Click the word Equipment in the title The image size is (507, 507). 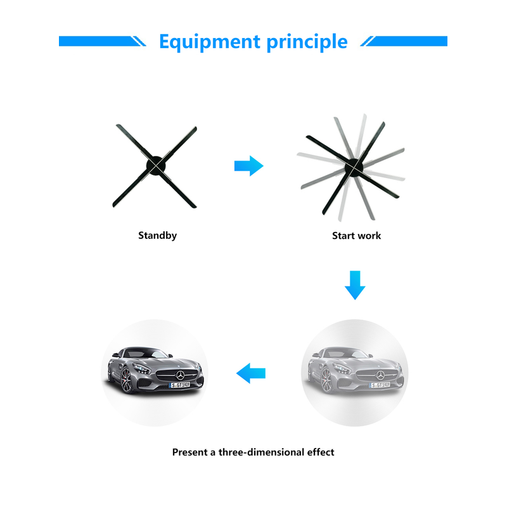pyautogui.click(x=210, y=42)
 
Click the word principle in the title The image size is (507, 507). pyautogui.click(x=307, y=42)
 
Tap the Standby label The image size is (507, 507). pyautogui.click(x=157, y=235)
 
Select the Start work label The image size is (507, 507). pyautogui.click(x=356, y=235)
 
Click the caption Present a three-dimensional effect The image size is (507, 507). pyautogui.click(x=253, y=452)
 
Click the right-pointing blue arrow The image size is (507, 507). pyautogui.click(x=248, y=166)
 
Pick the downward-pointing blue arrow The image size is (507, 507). pyautogui.click(x=355, y=285)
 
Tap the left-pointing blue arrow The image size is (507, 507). pyautogui.click(x=251, y=373)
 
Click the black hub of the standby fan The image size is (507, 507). pyautogui.click(x=156, y=165)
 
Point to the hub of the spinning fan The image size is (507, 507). pyautogui.click(x=354, y=167)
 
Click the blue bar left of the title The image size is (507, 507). pyautogui.click(x=102, y=41)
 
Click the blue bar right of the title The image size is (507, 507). pyautogui.click(x=404, y=41)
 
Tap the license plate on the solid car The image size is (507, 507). pyautogui.click(x=179, y=385)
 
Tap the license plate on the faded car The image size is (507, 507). pyautogui.click(x=380, y=385)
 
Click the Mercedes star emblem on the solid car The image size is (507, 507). pyautogui.click(x=180, y=375)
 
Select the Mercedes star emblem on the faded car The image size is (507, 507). pyautogui.click(x=380, y=375)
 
